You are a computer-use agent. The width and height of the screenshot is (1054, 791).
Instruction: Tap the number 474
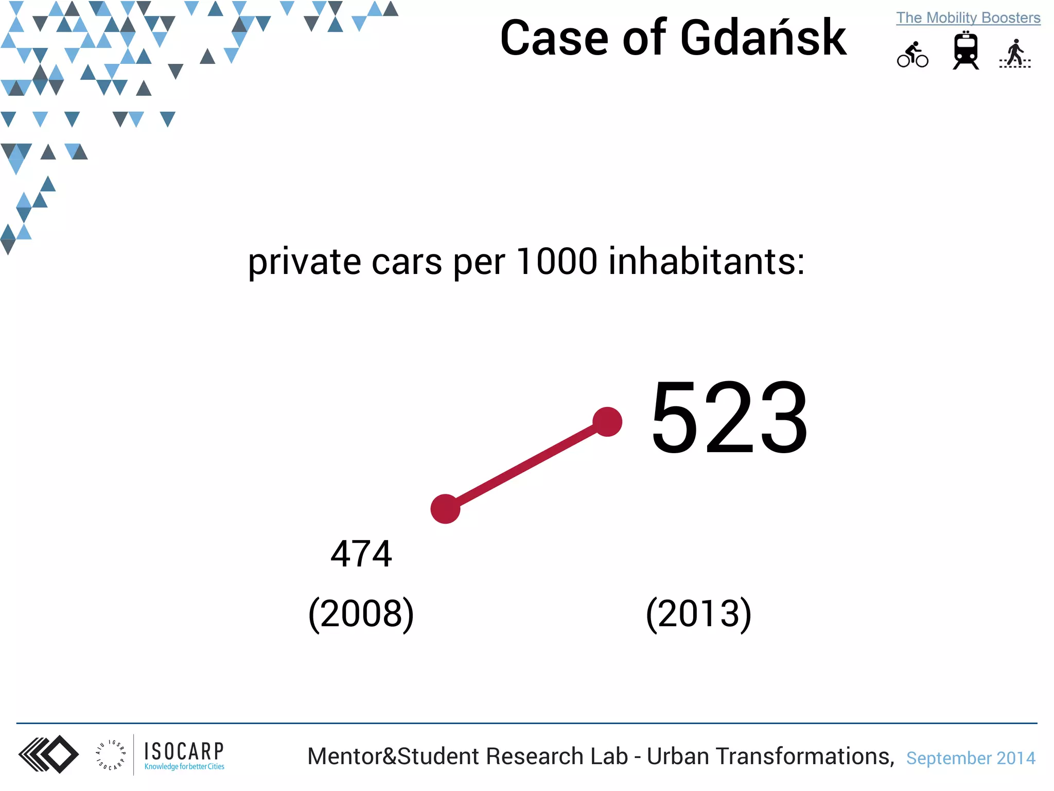pyautogui.click(x=361, y=554)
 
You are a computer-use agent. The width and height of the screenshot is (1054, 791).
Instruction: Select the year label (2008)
pyautogui.click(x=361, y=614)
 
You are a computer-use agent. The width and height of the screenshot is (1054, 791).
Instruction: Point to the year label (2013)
pyautogui.click(x=698, y=614)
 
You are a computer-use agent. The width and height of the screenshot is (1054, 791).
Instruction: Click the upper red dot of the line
pyautogui.click(x=607, y=422)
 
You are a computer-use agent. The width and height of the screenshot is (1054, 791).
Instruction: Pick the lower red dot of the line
pyautogui.click(x=445, y=509)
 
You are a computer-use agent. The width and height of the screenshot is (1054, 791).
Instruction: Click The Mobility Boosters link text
pyautogui.click(x=968, y=18)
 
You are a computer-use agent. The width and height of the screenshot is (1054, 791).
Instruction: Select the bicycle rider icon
pyautogui.click(x=912, y=55)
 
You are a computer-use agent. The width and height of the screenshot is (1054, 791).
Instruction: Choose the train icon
pyautogui.click(x=965, y=50)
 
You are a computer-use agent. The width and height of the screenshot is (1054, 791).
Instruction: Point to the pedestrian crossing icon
pyautogui.click(x=1015, y=54)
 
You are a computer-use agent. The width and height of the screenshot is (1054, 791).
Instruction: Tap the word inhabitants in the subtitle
pyautogui.click(x=706, y=261)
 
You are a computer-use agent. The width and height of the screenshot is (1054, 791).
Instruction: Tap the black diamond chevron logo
pyautogui.click(x=49, y=754)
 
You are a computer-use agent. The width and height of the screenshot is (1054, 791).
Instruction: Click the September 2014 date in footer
pyautogui.click(x=971, y=758)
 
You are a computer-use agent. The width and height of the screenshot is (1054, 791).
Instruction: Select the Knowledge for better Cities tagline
pyautogui.click(x=184, y=767)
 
